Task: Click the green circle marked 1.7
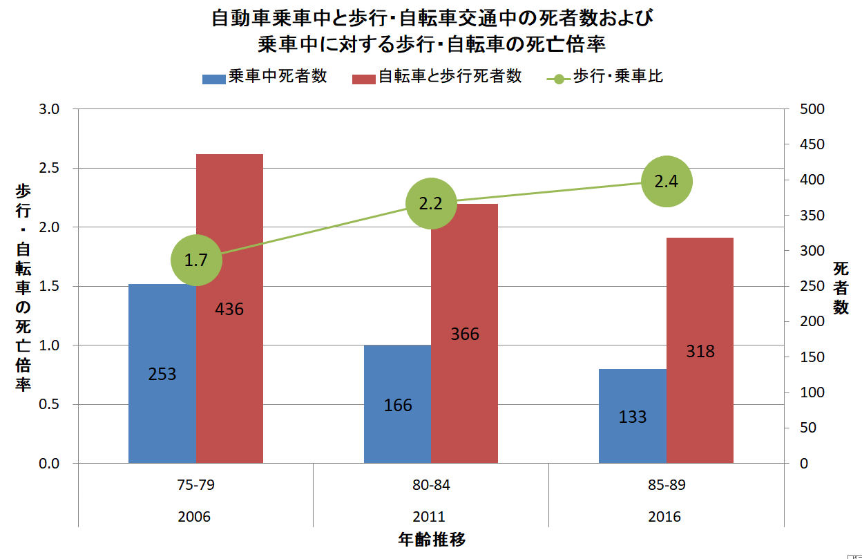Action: tap(196, 260)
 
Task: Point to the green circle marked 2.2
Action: tap(431, 203)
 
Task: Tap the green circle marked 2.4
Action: tap(667, 182)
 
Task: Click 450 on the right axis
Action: tap(812, 144)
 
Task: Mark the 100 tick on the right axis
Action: tap(812, 392)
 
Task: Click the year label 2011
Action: tap(429, 517)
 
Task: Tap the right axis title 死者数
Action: tap(840, 287)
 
